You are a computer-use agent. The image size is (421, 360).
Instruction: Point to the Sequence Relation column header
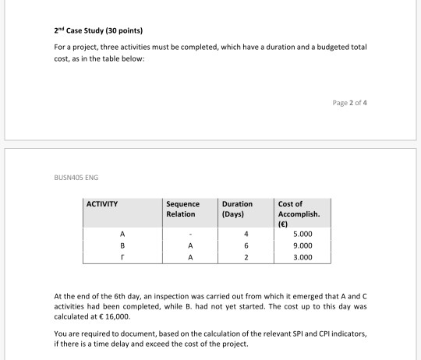(183, 209)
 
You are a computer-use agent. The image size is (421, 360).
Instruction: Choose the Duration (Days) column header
(237, 209)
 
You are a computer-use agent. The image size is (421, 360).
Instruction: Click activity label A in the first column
(122, 233)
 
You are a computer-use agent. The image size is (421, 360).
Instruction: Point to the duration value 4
(243, 233)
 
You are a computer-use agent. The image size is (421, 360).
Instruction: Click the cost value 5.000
(303, 233)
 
